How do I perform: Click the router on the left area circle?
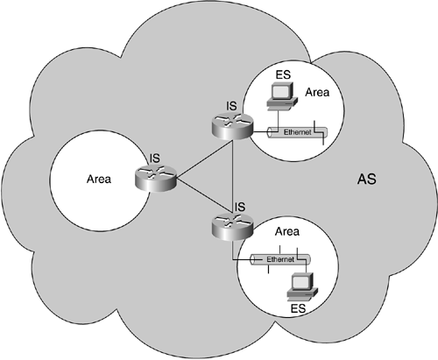157,180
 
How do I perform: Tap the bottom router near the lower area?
229,227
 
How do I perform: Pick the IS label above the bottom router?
237,207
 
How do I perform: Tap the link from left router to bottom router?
194,203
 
